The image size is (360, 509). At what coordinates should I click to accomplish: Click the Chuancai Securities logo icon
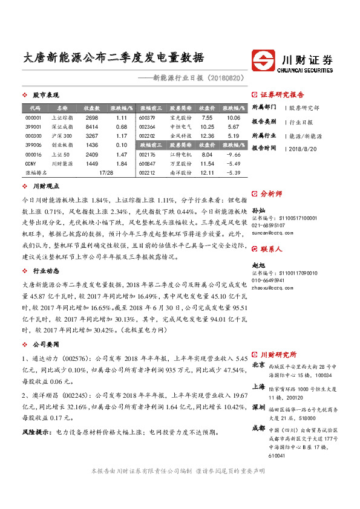click(x=266, y=60)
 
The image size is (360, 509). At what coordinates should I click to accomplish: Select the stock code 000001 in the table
click(x=34, y=118)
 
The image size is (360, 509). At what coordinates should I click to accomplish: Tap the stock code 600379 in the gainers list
click(x=147, y=118)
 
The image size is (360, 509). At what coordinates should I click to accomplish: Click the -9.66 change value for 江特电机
click(x=234, y=155)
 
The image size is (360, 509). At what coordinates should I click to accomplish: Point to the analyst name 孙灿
click(x=258, y=209)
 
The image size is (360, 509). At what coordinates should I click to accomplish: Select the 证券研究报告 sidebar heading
click(x=282, y=95)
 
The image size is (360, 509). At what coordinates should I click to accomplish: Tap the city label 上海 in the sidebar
click(x=258, y=387)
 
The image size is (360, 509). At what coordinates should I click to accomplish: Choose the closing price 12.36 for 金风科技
click(x=207, y=136)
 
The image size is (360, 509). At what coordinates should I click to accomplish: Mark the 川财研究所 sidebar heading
click(x=278, y=354)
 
